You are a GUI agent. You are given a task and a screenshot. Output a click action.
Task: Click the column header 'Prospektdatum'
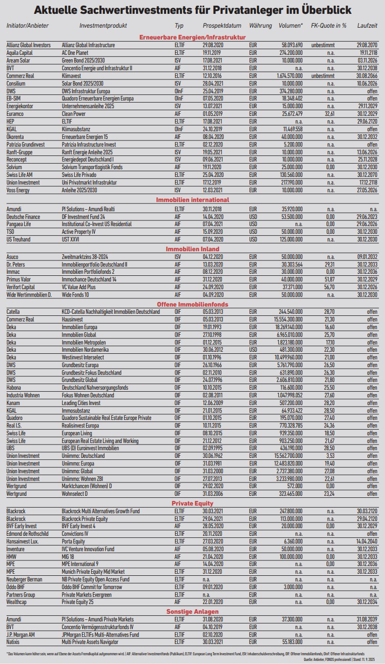(220, 25)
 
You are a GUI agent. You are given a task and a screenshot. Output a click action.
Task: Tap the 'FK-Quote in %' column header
(329, 25)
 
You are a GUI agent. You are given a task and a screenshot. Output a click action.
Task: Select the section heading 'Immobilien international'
(192, 200)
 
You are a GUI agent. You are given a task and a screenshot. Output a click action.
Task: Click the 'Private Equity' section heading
(192, 504)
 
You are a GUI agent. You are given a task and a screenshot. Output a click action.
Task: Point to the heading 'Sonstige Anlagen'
(192, 612)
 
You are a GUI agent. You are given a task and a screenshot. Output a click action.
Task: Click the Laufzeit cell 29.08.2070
(363, 45)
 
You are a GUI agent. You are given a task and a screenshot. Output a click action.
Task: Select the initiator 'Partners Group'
(21, 595)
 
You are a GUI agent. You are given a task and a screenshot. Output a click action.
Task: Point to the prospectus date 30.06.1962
(215, 456)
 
